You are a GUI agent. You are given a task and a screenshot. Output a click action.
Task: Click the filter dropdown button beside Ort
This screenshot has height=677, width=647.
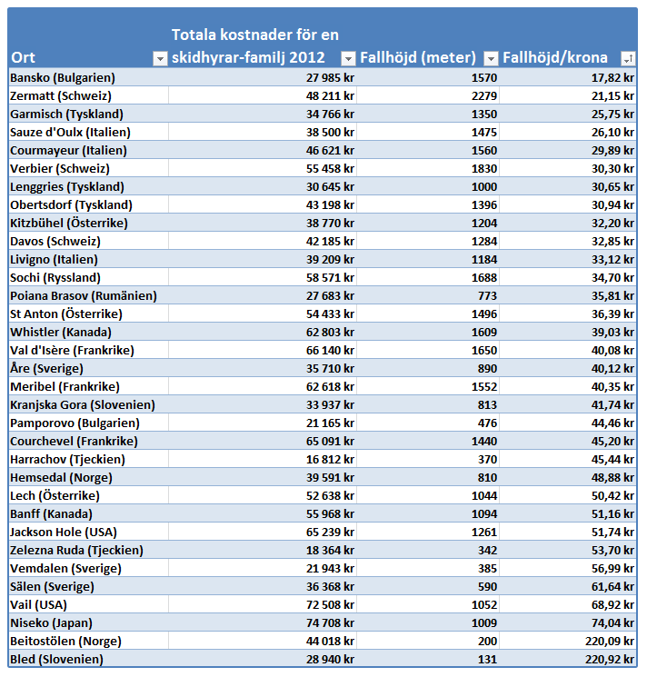point(160,58)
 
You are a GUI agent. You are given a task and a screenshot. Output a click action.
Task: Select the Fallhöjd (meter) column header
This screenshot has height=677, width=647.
point(418,57)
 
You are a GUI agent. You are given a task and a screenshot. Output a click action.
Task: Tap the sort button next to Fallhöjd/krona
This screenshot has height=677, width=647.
point(628,58)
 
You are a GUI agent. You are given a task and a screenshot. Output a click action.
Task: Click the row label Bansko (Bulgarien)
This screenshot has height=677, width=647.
point(63,78)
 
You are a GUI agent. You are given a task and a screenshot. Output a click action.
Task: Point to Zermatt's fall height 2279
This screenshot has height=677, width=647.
point(484,95)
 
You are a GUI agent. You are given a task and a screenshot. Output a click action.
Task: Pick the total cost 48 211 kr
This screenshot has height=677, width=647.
point(330,95)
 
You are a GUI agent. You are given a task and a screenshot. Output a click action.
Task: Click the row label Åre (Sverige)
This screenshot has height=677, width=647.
point(46,368)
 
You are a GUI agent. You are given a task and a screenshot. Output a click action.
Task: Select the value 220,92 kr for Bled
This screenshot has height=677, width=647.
point(610,660)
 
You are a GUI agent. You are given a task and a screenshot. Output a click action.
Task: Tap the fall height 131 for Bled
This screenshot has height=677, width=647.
point(487,660)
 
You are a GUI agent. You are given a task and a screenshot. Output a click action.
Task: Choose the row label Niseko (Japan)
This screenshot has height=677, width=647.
point(52,623)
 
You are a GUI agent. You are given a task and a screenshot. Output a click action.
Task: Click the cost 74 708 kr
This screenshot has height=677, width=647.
point(330,623)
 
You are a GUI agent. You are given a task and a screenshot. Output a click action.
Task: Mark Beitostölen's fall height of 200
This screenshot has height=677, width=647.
point(487,642)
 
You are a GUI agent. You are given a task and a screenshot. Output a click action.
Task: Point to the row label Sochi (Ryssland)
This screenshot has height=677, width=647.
point(55,278)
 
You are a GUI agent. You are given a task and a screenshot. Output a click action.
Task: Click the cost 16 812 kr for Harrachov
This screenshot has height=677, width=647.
point(330,460)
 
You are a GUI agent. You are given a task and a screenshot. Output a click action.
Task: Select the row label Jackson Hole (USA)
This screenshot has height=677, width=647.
point(64,532)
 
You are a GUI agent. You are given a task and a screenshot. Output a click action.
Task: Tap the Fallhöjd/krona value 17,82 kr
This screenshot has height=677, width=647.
point(612,78)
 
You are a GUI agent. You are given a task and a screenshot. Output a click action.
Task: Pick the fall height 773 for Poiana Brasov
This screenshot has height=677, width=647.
point(487,295)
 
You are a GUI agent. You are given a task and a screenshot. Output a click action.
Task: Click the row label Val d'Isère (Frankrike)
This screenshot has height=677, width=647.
point(72,350)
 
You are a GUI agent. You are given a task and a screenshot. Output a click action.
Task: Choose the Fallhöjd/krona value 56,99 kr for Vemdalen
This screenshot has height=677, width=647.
point(612,568)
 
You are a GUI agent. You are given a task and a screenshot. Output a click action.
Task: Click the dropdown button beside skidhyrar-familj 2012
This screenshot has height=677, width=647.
point(348,58)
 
